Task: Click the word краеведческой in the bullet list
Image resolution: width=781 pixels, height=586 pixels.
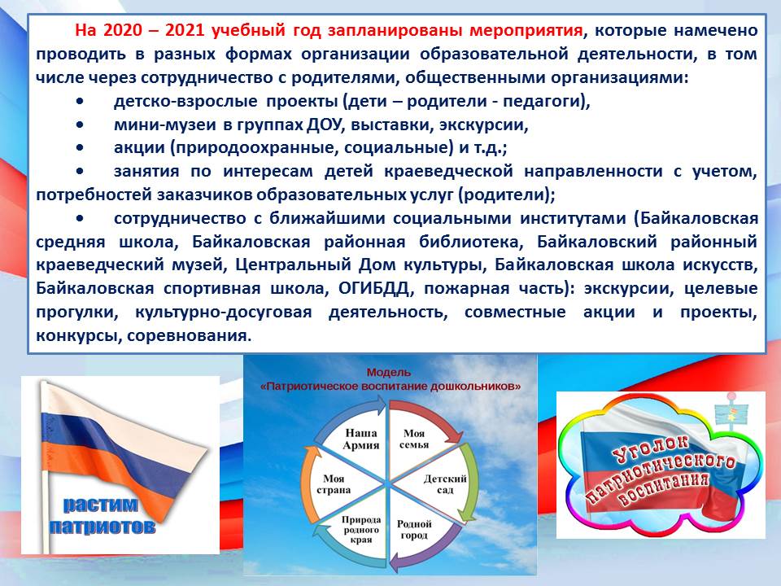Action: [x=448, y=172]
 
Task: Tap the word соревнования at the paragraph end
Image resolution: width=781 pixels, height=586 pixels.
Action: [x=187, y=335]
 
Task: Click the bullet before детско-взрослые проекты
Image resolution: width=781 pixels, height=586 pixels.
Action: [x=81, y=101]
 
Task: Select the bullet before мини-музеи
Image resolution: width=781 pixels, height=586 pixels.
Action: [x=81, y=125]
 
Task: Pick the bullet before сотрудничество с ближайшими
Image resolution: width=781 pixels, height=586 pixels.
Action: [x=81, y=218]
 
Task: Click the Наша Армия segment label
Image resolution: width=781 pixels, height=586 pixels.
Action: [x=361, y=439]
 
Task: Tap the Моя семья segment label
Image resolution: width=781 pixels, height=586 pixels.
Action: [x=414, y=439]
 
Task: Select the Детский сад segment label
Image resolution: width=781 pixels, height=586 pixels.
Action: [x=445, y=484]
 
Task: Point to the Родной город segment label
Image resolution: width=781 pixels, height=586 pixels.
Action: [x=414, y=530]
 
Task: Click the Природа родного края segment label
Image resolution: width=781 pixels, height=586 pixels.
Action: [x=361, y=530]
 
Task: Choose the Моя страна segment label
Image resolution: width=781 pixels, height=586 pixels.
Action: [x=334, y=484]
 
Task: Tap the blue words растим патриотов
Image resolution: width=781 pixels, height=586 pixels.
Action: [x=102, y=516]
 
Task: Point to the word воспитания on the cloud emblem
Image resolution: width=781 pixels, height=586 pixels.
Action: [x=663, y=489]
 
